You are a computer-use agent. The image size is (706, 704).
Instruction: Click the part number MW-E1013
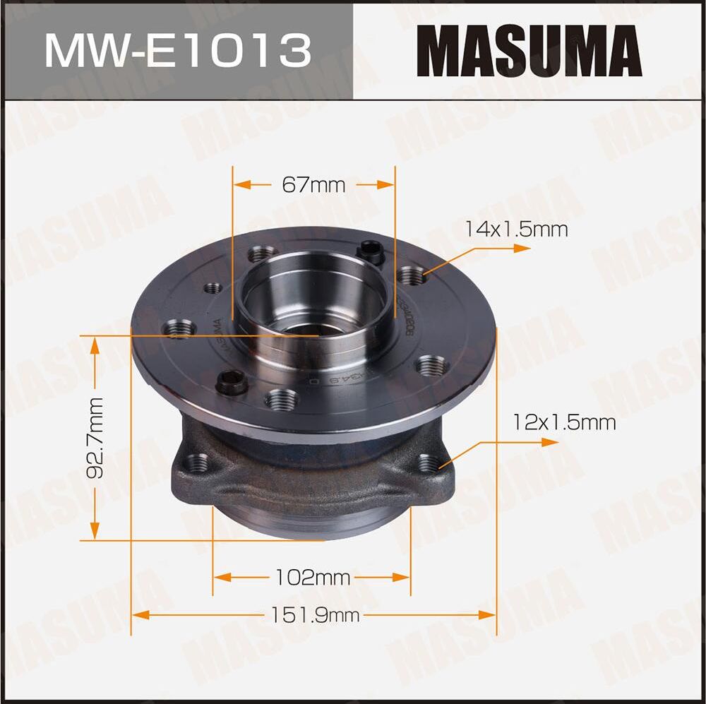[177, 50]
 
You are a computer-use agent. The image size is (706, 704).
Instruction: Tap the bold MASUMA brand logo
[529, 51]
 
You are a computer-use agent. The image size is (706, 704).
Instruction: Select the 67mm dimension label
[313, 185]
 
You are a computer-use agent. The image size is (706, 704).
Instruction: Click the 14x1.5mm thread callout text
[515, 229]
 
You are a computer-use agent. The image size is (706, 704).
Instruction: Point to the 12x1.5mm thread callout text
[564, 422]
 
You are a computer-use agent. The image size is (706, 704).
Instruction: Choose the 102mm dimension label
[312, 578]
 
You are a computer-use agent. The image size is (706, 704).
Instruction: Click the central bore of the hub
[311, 304]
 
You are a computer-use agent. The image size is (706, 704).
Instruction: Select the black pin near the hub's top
[370, 251]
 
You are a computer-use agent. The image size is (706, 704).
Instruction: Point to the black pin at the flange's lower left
[231, 383]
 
